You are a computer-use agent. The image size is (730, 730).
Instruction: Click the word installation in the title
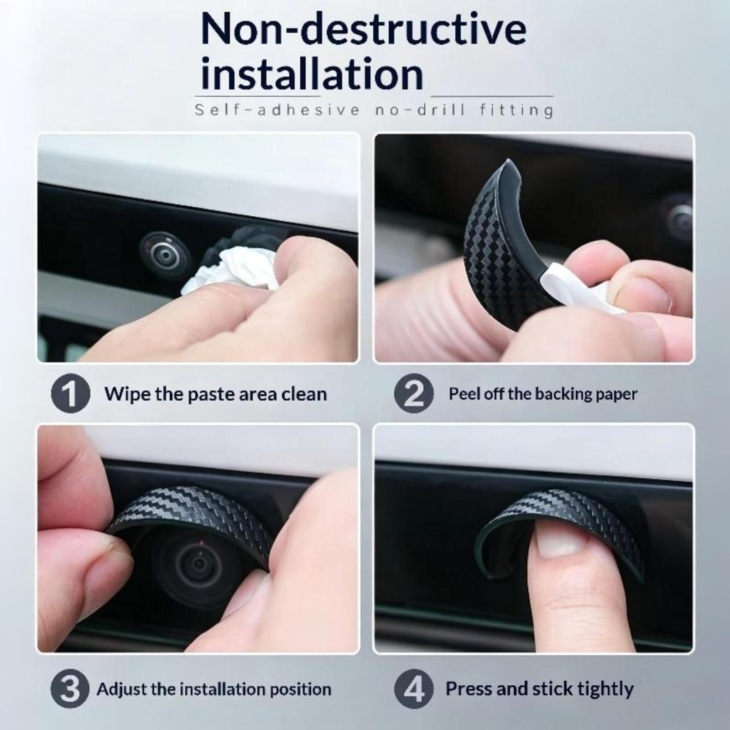[312, 74]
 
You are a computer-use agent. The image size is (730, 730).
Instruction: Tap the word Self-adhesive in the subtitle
[277, 110]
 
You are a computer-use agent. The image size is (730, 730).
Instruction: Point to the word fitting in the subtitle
[516, 110]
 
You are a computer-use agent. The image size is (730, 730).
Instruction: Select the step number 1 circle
[70, 393]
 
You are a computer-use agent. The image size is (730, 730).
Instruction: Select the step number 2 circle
[413, 393]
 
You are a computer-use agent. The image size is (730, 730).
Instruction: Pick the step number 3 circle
[70, 688]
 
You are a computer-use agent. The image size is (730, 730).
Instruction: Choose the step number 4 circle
[413, 688]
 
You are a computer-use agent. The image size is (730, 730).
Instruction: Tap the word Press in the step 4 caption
[469, 688]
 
